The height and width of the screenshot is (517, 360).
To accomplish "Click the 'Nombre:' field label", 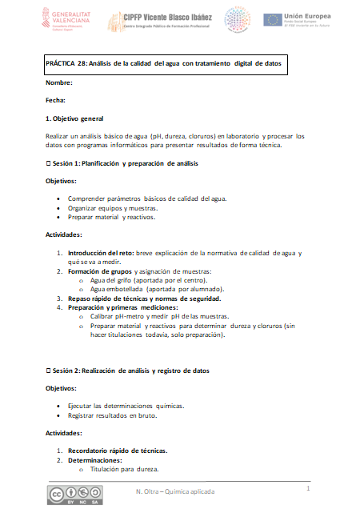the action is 59,83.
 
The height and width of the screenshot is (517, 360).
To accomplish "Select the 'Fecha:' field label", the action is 56,101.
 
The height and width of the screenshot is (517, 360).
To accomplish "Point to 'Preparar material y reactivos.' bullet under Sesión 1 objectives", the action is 111,217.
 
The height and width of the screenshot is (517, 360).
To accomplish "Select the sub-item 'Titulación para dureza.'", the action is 125,470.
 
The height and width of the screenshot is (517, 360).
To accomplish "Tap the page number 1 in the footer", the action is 308,487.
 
